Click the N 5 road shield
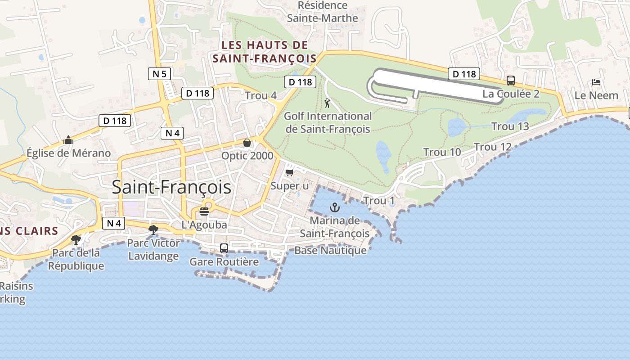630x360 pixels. pos(159,74)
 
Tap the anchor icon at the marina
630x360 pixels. pos(334,207)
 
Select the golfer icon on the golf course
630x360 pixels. pos(327,103)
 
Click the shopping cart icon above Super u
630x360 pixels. pos(290,172)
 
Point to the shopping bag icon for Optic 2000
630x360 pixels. pos(247,143)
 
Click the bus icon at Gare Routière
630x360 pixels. pos(224,248)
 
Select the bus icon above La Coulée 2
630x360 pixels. pos(511,81)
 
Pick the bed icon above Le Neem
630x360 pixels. pos(596,82)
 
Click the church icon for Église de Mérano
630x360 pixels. pos(68,140)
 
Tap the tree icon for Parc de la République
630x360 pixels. pos(76,239)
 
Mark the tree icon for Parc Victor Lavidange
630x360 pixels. pos(153,230)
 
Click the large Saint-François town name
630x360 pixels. pos(171,187)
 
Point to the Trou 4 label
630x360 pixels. pos(261,95)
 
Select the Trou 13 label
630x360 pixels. pos(510,126)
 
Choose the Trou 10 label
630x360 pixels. pos(442,152)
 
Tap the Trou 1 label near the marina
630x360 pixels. pos(378,200)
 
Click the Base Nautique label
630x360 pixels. pos(330,250)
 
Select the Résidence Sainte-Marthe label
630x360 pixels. pos(323,12)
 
